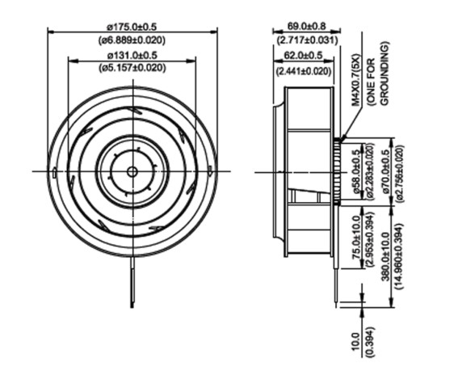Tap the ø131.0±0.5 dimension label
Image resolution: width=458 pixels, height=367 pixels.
pos(132,55)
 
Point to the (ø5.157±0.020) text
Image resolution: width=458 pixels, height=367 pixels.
pos(132,68)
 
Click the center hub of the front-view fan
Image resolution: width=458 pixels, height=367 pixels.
pos(132,171)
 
